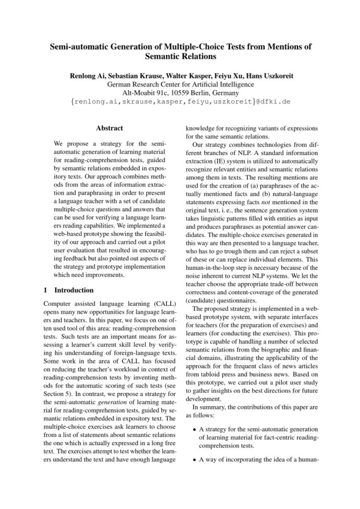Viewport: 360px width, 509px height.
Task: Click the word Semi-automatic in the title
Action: pyautogui.click(x=78, y=46)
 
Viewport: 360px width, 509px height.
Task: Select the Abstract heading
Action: pyautogui.click(x=110, y=128)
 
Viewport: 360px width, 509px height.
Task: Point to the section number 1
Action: pyautogui.click(x=47, y=290)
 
